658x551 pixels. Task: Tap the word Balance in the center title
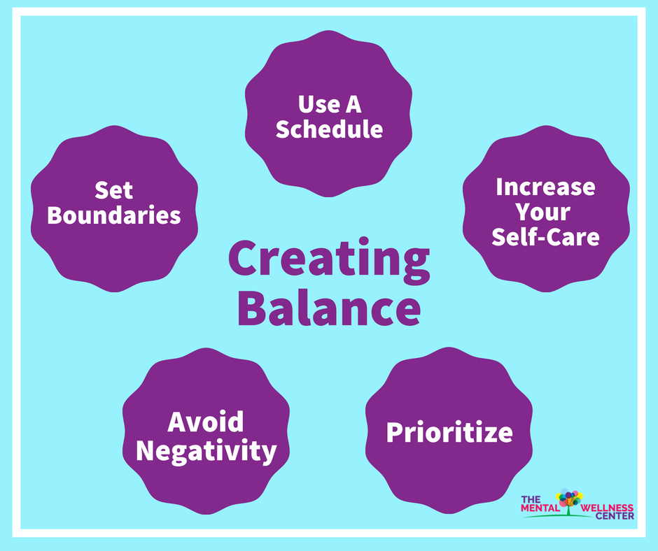(x=328, y=310)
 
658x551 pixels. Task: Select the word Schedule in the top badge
(x=329, y=129)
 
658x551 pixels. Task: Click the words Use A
(x=329, y=105)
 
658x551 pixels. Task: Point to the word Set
(x=114, y=190)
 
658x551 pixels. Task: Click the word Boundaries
(x=114, y=215)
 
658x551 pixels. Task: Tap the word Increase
(x=545, y=187)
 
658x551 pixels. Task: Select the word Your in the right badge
(x=545, y=211)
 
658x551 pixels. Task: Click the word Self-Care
(x=545, y=236)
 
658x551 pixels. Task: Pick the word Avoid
(x=206, y=422)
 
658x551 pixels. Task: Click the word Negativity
(x=206, y=451)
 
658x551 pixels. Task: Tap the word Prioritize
(x=449, y=432)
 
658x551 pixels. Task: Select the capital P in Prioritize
(x=395, y=432)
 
